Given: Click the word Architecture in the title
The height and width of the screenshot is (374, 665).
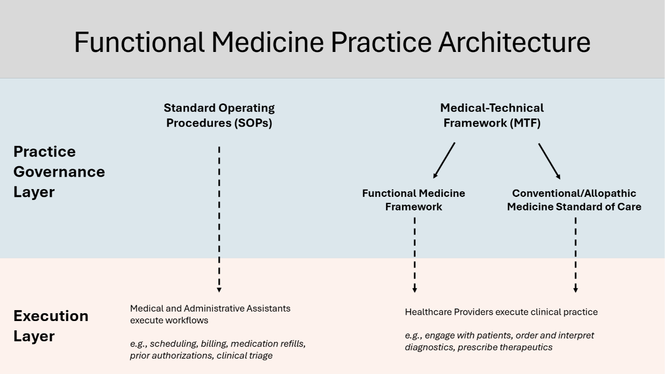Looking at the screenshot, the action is coord(514,42).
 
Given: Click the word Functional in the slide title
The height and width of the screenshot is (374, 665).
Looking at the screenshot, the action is coord(139,42).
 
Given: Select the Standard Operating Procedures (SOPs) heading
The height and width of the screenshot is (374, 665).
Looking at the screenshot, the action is coord(219,115).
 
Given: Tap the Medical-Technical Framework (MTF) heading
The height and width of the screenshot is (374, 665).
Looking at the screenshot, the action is coord(492,115).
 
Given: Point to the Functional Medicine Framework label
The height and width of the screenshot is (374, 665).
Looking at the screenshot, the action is coord(414,200).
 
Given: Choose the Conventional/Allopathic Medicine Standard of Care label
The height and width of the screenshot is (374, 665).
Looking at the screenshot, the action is coord(574,200).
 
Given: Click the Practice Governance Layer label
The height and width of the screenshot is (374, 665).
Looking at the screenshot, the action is coord(59,172).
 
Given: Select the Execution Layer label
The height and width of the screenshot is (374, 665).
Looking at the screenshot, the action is coord(51,326).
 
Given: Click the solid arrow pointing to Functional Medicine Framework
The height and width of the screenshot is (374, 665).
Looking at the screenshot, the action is coord(444,161).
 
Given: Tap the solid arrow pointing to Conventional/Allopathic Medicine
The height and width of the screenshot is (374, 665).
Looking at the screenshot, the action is coord(550,161).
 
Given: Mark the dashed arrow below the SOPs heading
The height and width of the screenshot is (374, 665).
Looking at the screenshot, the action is coord(219,219).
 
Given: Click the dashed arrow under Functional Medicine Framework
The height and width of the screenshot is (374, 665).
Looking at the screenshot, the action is coord(415,255).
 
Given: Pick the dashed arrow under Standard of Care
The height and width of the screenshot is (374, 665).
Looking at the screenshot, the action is coord(576,255).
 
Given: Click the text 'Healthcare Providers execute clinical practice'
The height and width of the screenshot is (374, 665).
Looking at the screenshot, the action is coord(501,312).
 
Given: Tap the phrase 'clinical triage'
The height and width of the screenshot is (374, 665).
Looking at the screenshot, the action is coord(245,355).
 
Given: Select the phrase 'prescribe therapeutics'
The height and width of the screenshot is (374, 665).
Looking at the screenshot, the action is coord(505,347).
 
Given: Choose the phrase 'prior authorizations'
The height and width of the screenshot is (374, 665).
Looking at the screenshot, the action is coord(172,355).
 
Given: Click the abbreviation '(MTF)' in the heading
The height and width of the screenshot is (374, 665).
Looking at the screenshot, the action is coord(525,123).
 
